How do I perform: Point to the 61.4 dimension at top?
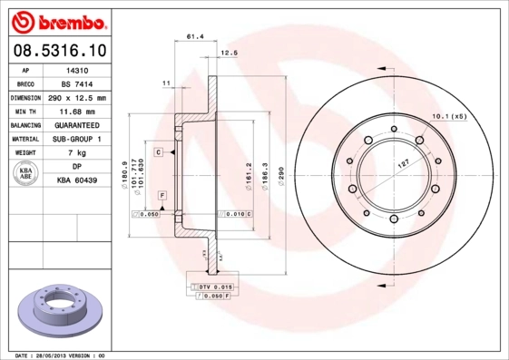(193, 37)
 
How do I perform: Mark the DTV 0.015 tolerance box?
(210, 287)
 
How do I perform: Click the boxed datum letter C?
(158, 152)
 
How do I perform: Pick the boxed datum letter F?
(162, 196)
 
